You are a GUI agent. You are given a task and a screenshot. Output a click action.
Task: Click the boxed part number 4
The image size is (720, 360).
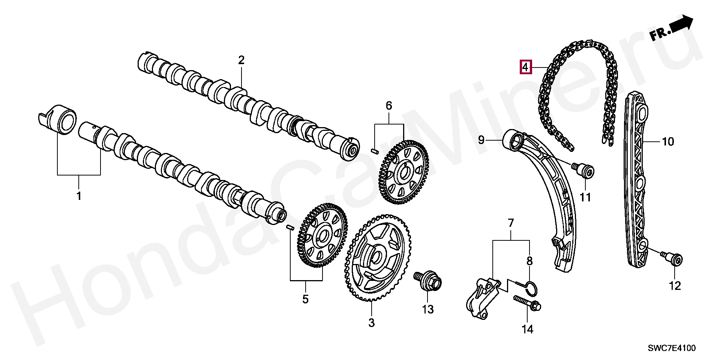tap(525, 67)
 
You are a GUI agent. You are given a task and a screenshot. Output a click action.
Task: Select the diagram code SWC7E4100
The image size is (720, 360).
tap(672, 348)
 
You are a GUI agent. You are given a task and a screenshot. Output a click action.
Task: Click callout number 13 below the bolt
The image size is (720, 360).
tap(427, 309)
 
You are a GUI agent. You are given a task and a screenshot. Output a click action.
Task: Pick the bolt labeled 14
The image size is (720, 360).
tap(528, 303)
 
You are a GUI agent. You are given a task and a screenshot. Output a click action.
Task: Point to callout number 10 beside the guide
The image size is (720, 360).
tap(668, 142)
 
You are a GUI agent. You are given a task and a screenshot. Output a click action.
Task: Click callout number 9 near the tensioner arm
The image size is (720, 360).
tap(481, 140)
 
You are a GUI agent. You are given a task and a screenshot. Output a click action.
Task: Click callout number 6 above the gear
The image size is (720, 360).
tap(389, 106)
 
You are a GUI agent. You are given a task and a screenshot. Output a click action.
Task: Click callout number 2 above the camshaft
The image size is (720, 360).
tap(241, 60)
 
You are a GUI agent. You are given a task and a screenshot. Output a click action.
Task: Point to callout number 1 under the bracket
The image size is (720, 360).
tap(79, 196)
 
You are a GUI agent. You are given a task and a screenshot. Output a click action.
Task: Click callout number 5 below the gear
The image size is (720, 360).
tap(305, 299)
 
